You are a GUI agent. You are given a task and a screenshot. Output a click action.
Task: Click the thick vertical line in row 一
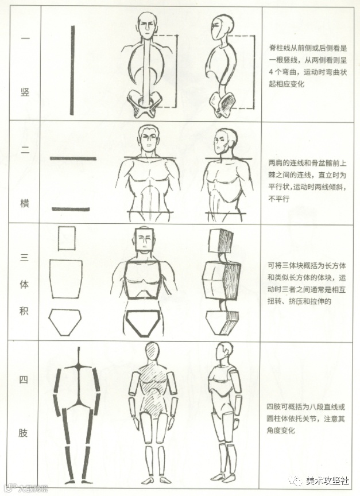click(x=72, y=70)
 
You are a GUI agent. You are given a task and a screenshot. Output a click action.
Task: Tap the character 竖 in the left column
click(x=25, y=92)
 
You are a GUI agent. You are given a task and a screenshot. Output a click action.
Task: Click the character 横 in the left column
click(x=24, y=203)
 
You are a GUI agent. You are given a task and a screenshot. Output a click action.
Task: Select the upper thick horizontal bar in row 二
click(x=73, y=158)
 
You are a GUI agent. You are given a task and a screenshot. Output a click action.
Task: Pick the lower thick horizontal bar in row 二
click(x=71, y=209)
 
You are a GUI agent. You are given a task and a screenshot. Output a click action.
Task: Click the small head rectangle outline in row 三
click(x=67, y=238)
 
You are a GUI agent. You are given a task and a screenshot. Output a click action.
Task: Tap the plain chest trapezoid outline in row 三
click(x=66, y=278)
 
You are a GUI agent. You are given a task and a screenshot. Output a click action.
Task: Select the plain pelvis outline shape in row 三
click(x=65, y=321)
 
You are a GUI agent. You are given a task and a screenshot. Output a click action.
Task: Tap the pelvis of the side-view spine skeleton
click(x=223, y=104)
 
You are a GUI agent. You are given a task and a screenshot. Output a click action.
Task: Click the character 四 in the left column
click(x=24, y=379)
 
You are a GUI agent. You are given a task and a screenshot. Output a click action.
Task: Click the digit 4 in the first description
click(x=271, y=72)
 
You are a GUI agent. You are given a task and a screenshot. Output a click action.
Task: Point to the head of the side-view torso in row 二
click(x=224, y=142)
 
